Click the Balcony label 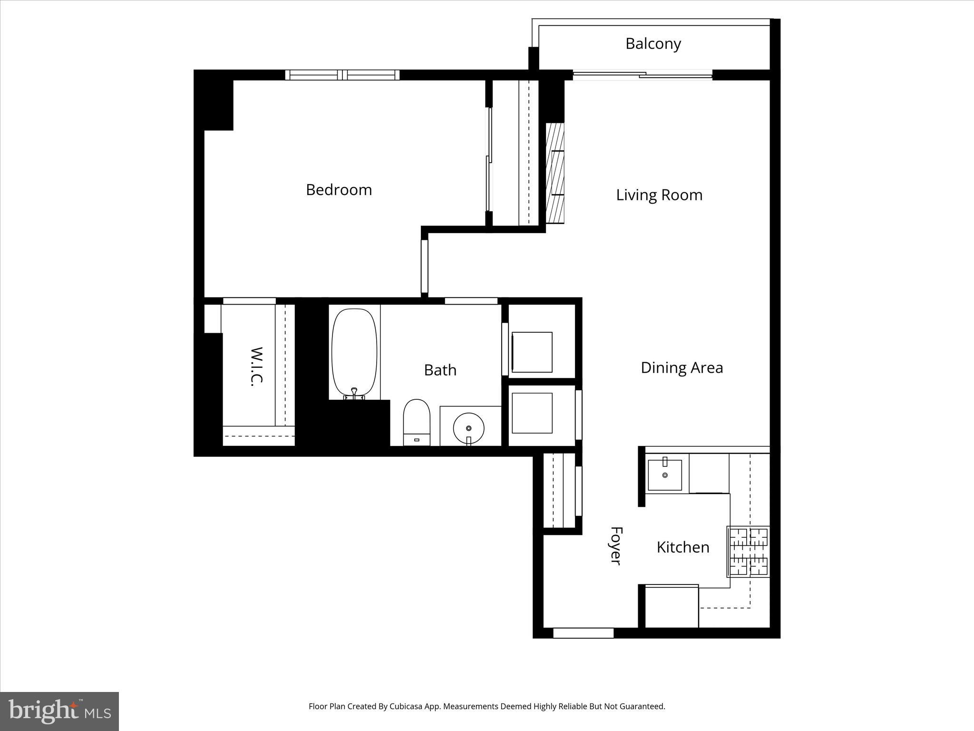[653, 44]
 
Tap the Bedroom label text [339, 190]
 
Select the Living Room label [659, 195]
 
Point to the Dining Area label [682, 368]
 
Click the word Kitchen [683, 547]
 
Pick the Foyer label [616, 545]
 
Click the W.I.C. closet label [256, 366]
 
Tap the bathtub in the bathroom [354, 352]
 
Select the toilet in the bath [417, 421]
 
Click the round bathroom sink [468, 428]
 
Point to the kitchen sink [665, 474]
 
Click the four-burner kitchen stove [749, 552]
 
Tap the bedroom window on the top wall [342, 75]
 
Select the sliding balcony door [642, 75]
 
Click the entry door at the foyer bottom [583, 633]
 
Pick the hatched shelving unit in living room [555, 173]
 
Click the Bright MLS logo [59, 711]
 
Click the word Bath [440, 370]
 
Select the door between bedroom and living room [425, 267]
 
